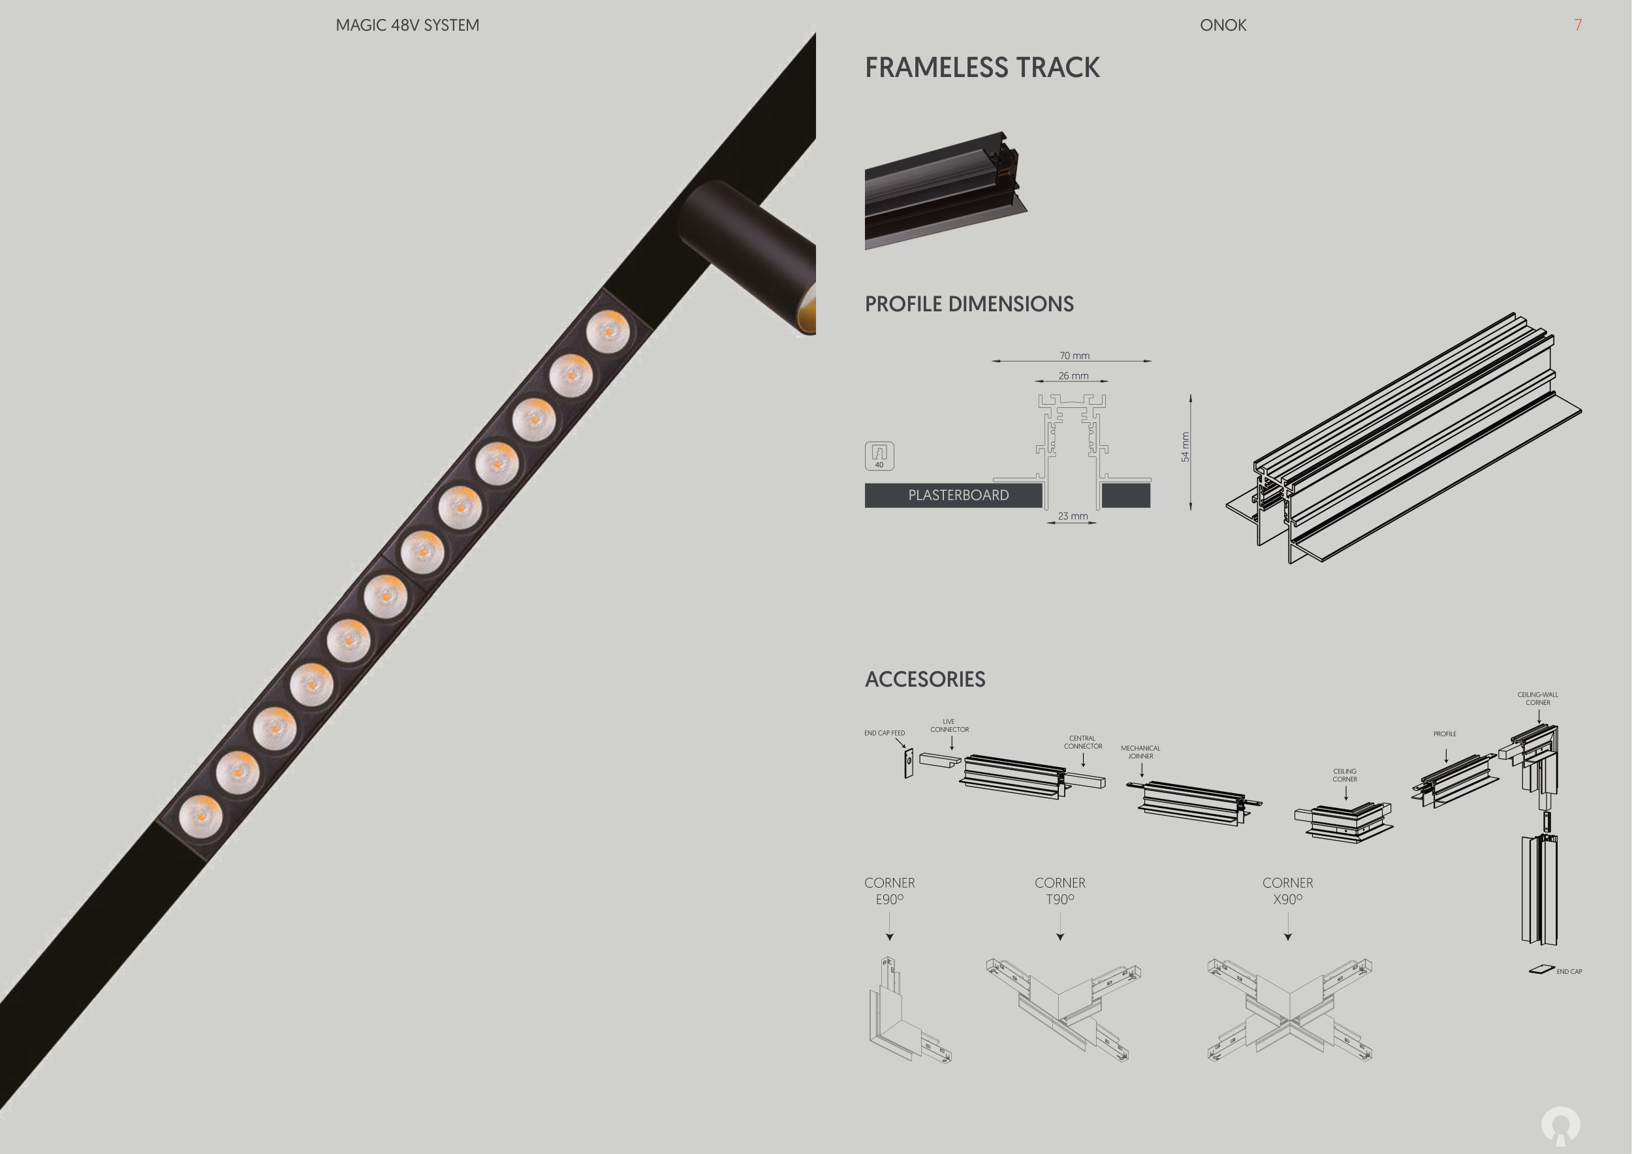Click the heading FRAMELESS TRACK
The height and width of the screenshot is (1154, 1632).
pyautogui.click(x=982, y=67)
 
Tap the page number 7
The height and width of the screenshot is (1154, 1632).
pyautogui.click(x=1577, y=25)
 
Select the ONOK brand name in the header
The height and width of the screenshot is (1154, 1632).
pyautogui.click(x=1223, y=25)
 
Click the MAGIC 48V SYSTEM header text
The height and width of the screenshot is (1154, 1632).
pyautogui.click(x=407, y=25)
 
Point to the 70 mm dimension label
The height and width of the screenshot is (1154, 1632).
pyautogui.click(x=1074, y=355)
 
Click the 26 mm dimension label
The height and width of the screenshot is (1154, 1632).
pyautogui.click(x=1073, y=375)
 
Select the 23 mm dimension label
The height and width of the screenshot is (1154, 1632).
pyautogui.click(x=1073, y=516)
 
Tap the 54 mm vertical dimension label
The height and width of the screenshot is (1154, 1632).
pyautogui.click(x=1185, y=447)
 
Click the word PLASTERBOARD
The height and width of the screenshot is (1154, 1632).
pyautogui.click(x=958, y=495)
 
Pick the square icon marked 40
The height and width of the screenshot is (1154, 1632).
pyautogui.click(x=879, y=456)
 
